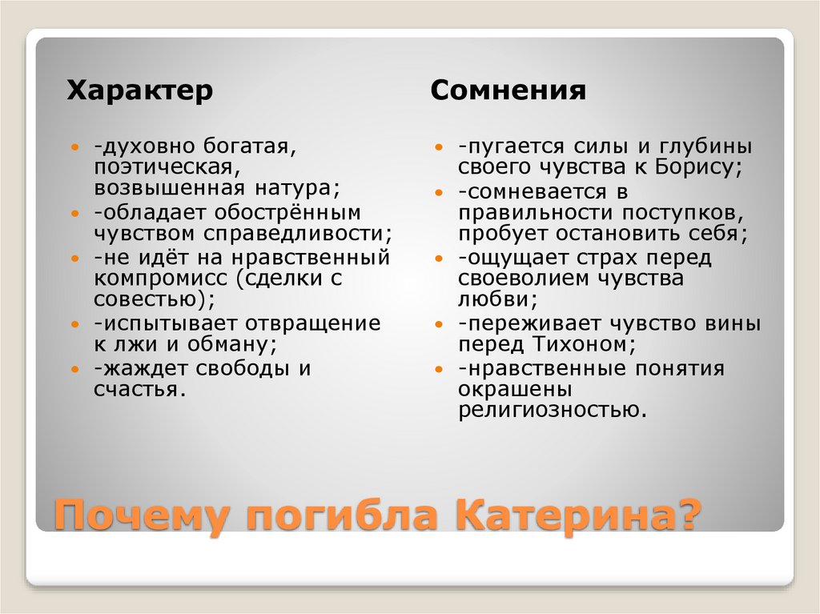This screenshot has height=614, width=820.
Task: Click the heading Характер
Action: (139, 90)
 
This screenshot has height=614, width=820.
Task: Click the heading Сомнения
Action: (508, 90)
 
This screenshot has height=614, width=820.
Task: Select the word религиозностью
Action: (551, 411)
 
